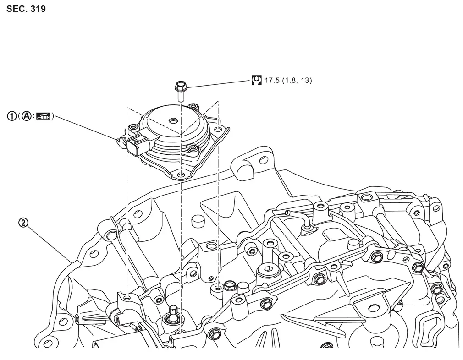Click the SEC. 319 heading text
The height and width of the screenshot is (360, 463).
(26, 9)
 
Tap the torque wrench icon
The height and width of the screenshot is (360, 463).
(257, 80)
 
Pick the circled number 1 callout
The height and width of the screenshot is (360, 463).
(11, 116)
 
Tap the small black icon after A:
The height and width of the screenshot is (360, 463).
(44, 116)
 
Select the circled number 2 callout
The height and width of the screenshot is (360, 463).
(23, 223)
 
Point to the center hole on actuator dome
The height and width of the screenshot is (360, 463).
(172, 121)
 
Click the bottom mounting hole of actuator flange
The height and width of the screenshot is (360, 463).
(181, 174)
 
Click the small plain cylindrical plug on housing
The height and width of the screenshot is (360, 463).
(198, 221)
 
